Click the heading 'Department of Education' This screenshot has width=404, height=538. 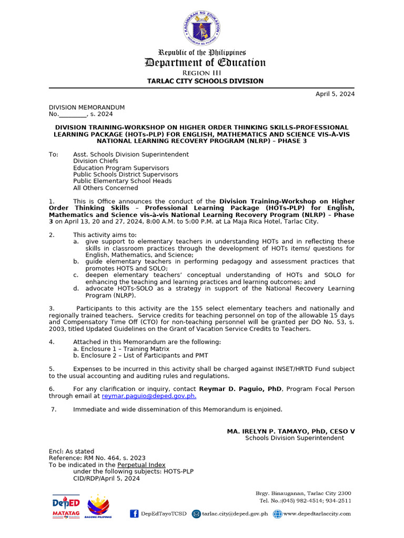coord(205,63)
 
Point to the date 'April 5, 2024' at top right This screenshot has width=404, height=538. coord(335,94)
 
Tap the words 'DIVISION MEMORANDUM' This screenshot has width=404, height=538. coord(87,107)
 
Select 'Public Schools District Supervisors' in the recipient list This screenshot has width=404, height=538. coord(125,174)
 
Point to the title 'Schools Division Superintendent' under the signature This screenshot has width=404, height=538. coord(295,438)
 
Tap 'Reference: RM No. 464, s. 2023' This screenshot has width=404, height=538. coord(97,458)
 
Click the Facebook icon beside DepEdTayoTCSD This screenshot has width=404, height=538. coord(134,514)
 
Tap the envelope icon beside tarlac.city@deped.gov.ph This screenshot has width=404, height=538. coord(196,514)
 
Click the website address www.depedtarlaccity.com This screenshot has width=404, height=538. coord(317,514)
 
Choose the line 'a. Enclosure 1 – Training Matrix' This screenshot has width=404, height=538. coord(121,349)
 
